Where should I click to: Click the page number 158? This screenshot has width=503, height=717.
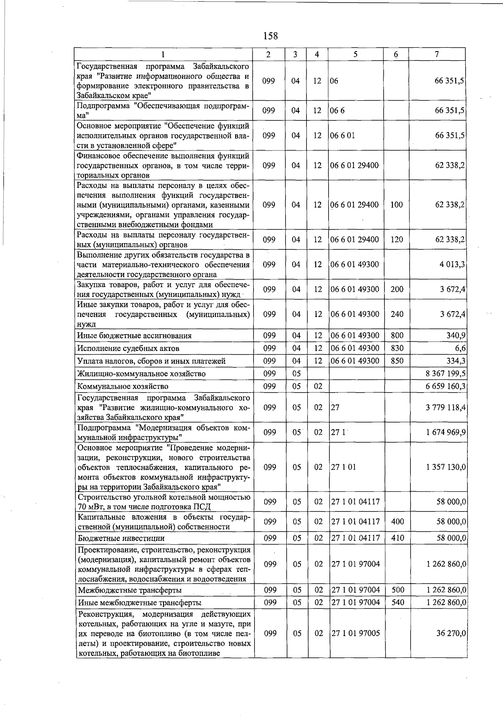coord(270,36)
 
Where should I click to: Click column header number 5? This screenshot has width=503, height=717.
coord(355,54)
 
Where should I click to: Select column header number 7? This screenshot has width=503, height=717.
coord(437,54)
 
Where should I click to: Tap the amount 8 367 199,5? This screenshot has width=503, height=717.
coord(446,374)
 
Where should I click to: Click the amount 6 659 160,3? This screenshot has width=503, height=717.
coord(446,386)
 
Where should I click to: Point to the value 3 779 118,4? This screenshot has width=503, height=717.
coord(446,407)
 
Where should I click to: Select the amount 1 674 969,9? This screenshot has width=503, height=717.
coord(446,432)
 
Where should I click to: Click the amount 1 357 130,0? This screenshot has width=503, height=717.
coord(446,467)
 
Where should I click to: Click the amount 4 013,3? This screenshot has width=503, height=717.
coord(452,265)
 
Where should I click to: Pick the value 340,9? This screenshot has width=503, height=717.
coord(456,335)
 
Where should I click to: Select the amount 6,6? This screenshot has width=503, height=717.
coord(460,348)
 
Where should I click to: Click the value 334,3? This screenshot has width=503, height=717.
coord(456,361)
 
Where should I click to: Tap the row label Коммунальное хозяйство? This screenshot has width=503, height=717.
coord(123,386)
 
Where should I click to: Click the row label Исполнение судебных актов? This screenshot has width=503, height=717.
coord(128,348)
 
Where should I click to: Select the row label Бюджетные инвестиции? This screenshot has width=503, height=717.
coord(121,538)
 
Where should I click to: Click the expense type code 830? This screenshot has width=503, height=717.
coord(397,348)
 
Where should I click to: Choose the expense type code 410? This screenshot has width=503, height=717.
coord(397,538)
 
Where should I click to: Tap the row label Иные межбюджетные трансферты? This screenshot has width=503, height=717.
coord(140,603)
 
